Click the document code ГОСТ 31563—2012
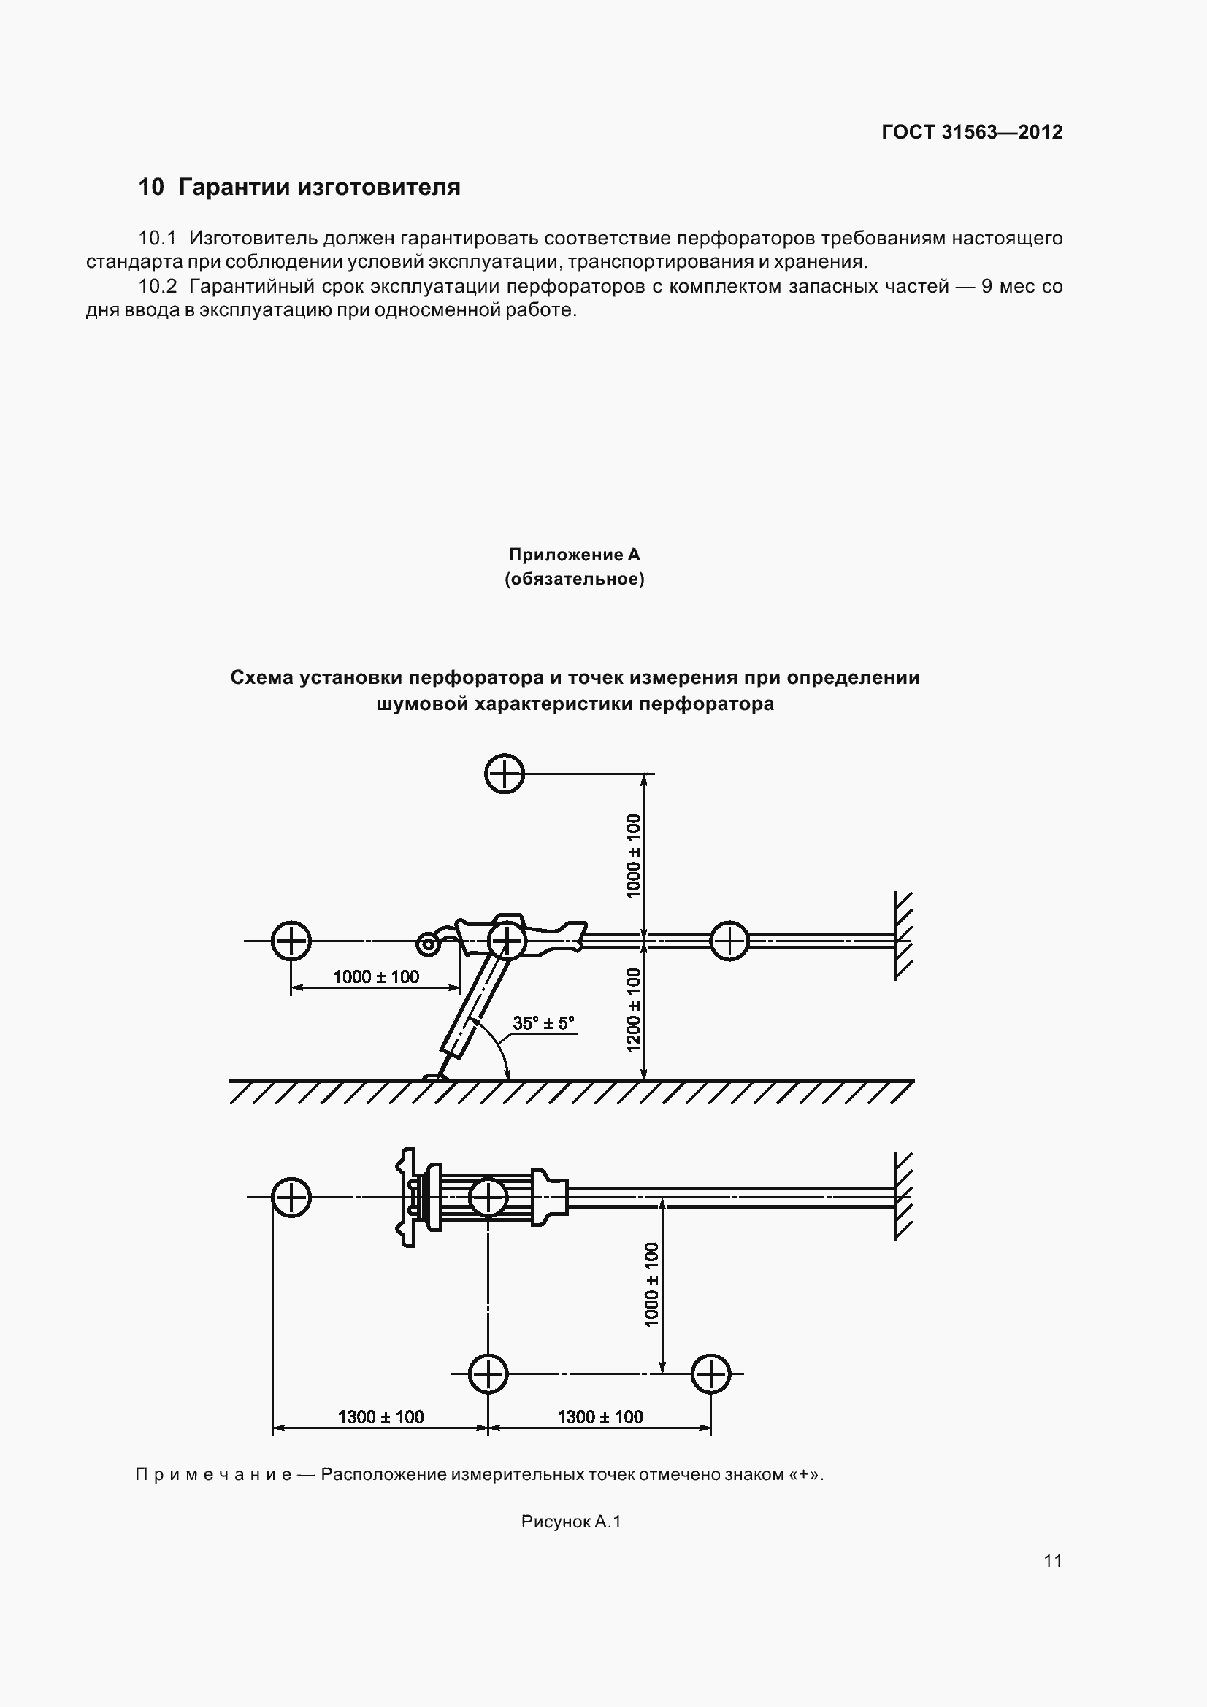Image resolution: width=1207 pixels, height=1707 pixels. pyautogui.click(x=971, y=132)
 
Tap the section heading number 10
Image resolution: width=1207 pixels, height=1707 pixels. pyautogui.click(x=150, y=187)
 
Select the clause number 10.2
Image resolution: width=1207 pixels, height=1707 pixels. pyautogui.click(x=157, y=286)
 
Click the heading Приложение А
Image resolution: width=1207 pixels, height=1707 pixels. pyautogui.click(x=574, y=555)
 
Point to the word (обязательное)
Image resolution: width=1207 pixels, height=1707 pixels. pyautogui.click(x=574, y=579)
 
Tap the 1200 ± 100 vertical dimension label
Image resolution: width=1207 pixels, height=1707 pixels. pyautogui.click(x=634, y=1009)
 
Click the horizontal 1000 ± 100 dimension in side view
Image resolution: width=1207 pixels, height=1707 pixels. pyautogui.click(x=376, y=976)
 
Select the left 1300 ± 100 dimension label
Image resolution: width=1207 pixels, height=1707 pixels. pyautogui.click(x=380, y=1417)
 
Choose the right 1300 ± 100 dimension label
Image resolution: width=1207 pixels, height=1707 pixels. pyautogui.click(x=600, y=1417)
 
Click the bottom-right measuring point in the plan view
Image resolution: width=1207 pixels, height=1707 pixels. pyautogui.click(x=710, y=1374)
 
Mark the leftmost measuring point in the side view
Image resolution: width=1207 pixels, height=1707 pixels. pyautogui.click(x=290, y=941)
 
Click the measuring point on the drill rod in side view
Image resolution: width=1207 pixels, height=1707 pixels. pyautogui.click(x=729, y=941)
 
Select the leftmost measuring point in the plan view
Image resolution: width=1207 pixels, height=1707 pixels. pyautogui.click(x=291, y=1198)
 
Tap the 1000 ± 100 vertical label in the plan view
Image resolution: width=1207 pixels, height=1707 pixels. pyautogui.click(x=651, y=1284)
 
